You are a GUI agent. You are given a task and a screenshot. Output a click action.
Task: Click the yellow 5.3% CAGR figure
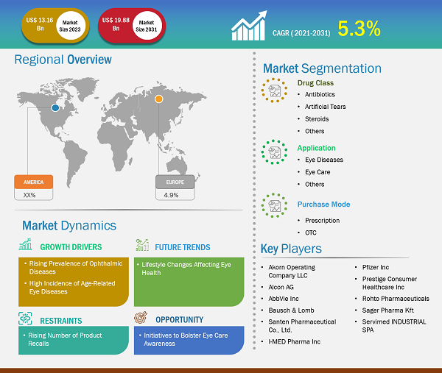(359, 29)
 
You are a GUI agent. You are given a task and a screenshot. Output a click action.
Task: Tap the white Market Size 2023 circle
(70, 26)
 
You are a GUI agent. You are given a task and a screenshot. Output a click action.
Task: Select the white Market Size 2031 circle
(147, 26)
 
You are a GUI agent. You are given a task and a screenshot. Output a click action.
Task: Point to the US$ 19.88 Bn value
(116, 24)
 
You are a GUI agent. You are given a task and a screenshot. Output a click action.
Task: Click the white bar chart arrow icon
(249, 26)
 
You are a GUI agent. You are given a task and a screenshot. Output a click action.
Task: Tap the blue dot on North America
(55, 107)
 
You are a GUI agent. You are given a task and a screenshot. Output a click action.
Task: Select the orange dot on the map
(158, 99)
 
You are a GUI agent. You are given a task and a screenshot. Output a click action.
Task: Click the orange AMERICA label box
(34, 182)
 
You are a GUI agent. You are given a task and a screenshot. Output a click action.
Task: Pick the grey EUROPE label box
(175, 182)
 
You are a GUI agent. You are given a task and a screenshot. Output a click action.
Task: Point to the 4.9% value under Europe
(171, 195)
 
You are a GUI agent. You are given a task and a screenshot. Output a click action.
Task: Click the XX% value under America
(29, 195)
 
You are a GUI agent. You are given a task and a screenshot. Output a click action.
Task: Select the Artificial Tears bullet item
(326, 107)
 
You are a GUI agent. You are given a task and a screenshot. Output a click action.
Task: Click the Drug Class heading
(315, 83)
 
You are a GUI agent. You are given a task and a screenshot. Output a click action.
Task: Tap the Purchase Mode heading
(323, 205)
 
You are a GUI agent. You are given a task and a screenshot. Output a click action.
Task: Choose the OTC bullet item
(311, 232)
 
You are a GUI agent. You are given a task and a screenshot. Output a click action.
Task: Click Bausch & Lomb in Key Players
(291, 310)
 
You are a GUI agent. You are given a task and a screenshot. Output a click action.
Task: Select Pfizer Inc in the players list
(376, 267)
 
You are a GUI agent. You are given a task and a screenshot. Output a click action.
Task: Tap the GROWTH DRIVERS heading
(71, 247)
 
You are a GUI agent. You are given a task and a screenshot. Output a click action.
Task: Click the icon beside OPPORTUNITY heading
(141, 317)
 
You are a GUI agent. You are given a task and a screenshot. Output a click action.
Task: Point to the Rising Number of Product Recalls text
(65, 339)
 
